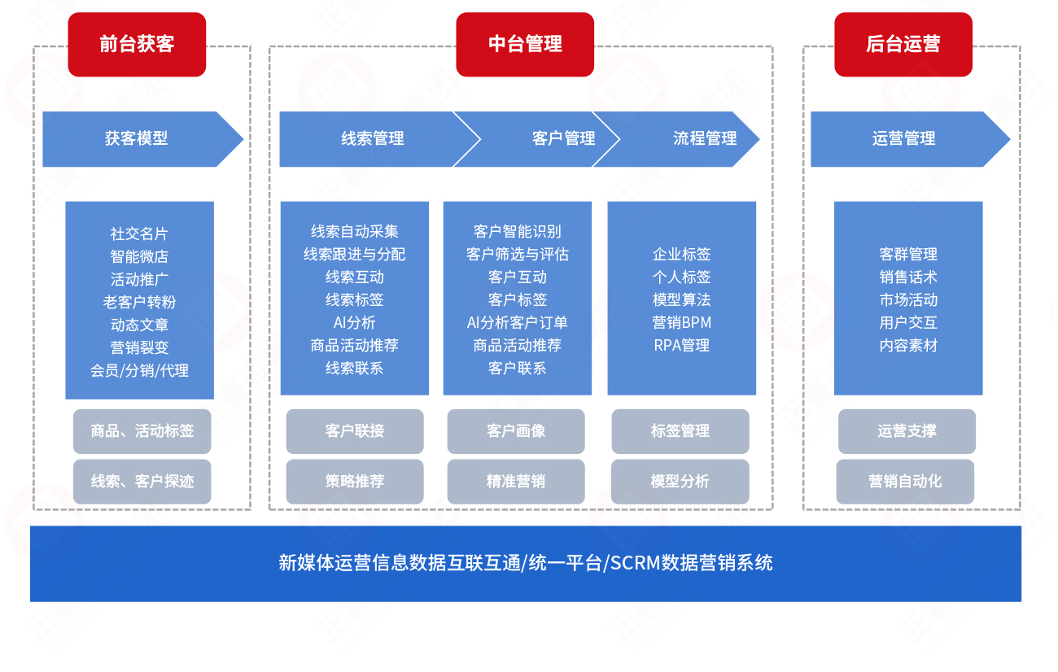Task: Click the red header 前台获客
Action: click(137, 45)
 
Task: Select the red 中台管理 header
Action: click(525, 45)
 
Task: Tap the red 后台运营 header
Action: click(903, 45)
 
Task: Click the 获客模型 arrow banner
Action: click(137, 139)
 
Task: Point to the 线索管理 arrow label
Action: click(372, 139)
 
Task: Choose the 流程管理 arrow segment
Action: click(705, 139)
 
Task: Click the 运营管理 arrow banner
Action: click(903, 139)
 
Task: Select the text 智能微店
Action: click(139, 256)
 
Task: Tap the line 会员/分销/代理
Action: click(139, 370)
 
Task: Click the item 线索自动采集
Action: click(355, 232)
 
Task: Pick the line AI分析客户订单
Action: click(517, 323)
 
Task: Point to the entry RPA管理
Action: click(681, 346)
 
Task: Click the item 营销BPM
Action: click(681, 323)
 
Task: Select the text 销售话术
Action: click(908, 277)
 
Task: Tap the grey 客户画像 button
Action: click(516, 431)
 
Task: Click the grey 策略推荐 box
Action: click(355, 482)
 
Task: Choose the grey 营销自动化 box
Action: click(905, 482)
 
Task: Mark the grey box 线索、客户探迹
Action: click(142, 482)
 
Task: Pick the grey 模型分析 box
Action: click(680, 482)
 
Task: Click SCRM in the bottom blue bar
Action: click(635, 563)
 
